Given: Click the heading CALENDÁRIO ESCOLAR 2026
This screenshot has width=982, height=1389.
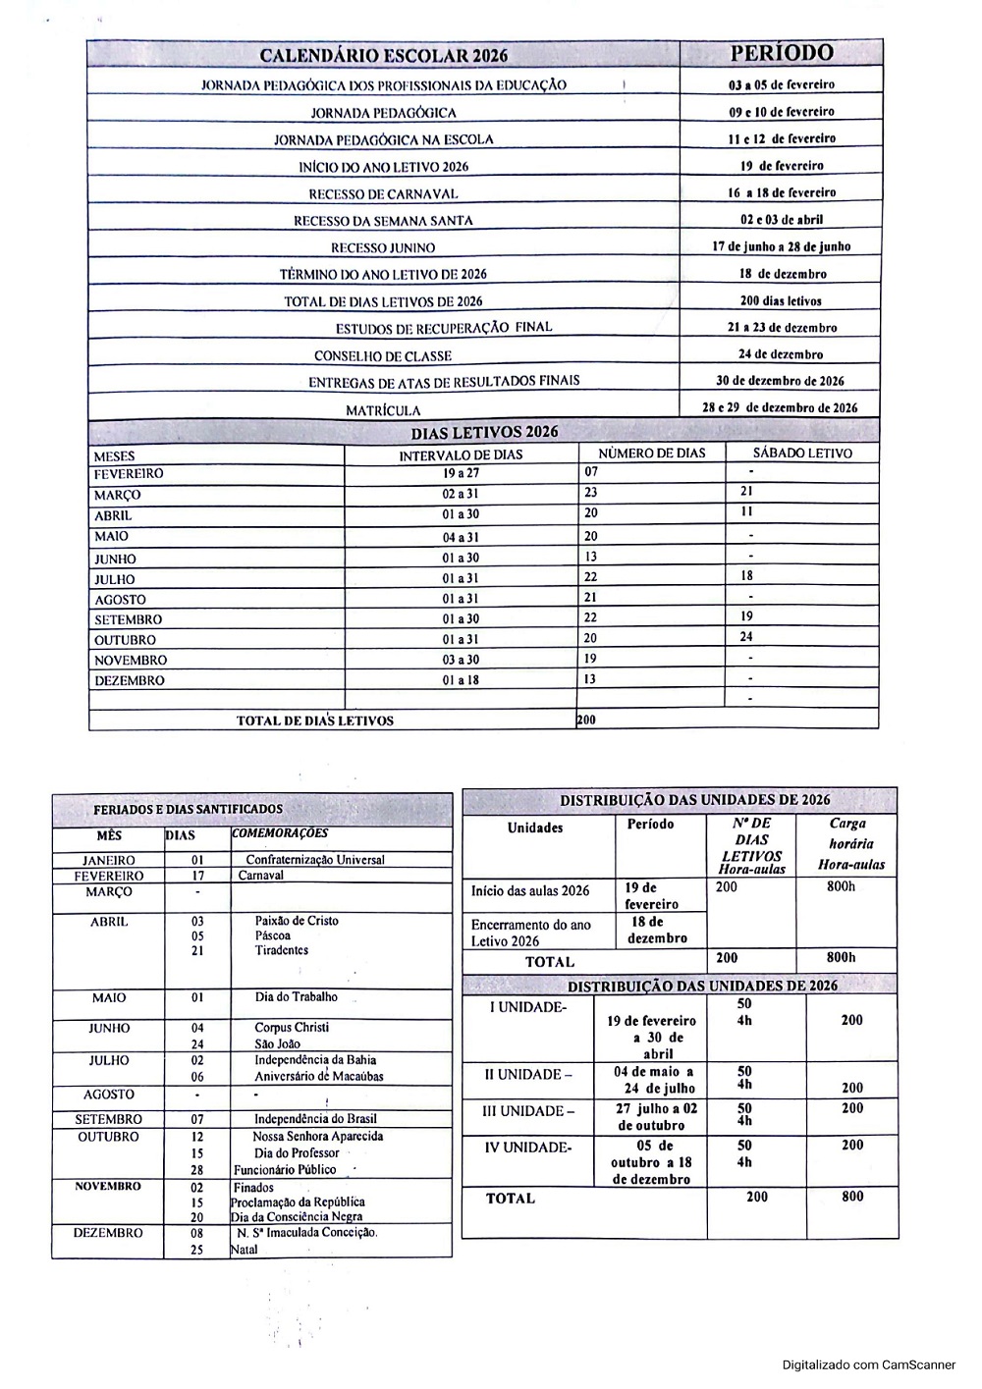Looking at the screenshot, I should click(x=383, y=56).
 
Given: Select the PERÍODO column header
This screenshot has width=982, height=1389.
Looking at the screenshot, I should click(x=782, y=53).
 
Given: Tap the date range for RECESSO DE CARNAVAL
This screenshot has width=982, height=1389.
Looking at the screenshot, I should click(x=782, y=192).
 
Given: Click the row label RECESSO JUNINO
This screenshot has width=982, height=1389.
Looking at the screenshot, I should click(x=383, y=248).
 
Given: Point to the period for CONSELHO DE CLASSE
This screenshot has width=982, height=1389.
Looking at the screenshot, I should click(x=782, y=354).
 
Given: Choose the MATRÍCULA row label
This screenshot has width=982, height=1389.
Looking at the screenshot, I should click(x=383, y=411).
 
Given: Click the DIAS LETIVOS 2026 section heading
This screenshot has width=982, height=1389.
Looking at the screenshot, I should click(x=484, y=432).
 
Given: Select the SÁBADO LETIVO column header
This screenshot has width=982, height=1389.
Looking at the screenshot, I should click(x=802, y=454).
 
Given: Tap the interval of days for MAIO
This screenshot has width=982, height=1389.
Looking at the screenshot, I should click(x=461, y=537).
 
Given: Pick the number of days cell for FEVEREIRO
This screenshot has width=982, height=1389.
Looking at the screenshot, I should click(x=591, y=472).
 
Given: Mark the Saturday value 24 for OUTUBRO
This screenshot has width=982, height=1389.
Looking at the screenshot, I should click(x=747, y=637).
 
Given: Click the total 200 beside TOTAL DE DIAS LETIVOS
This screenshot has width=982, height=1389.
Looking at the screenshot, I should click(x=586, y=720).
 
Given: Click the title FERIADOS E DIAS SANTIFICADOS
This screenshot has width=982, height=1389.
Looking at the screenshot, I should click(x=188, y=810).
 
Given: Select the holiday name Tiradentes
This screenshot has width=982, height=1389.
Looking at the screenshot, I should click(x=282, y=950).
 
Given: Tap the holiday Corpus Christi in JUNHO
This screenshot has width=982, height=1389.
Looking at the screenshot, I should click(x=292, y=1028).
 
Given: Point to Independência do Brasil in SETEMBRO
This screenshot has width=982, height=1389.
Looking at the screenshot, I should click(x=315, y=1119).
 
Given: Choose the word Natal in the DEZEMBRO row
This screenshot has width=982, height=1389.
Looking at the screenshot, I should click(x=245, y=1250).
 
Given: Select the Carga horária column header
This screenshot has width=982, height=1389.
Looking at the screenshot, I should click(x=850, y=844).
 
